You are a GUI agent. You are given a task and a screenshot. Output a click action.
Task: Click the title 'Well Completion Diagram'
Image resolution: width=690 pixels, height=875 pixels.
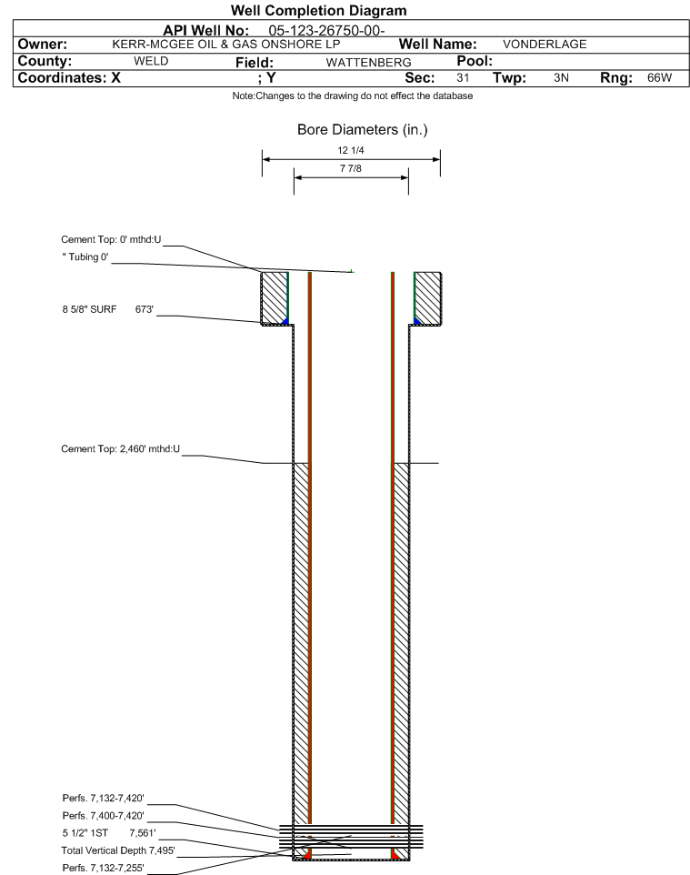318,11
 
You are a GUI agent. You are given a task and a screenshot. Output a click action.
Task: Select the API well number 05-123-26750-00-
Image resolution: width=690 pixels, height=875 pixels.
326,30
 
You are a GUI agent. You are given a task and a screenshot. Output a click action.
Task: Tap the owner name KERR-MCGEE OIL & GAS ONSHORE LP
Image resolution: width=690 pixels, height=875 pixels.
226,44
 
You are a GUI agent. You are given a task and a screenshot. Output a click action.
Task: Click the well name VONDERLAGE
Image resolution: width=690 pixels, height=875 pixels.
545,44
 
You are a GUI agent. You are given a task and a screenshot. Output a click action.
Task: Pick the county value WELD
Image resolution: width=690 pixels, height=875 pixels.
151,61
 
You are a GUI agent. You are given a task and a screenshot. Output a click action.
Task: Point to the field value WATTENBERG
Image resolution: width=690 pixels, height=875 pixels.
369,62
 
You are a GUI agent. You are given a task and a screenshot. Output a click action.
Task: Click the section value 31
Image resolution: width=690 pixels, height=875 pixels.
463,77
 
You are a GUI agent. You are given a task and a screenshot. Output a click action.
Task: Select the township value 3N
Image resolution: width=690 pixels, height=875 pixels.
561,77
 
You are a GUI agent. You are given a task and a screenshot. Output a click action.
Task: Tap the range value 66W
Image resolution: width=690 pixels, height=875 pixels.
659,77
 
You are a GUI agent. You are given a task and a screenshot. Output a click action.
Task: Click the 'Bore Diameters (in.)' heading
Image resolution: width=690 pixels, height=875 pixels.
362,130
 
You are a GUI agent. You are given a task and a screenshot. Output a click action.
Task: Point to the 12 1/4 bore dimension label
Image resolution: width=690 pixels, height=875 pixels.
351,150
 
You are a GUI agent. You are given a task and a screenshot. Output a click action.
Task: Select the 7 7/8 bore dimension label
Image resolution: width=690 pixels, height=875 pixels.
351,168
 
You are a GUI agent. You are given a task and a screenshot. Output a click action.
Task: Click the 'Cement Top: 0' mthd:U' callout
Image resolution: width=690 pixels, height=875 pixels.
111,239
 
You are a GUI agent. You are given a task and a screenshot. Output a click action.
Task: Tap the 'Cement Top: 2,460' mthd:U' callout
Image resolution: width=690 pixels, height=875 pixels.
121,448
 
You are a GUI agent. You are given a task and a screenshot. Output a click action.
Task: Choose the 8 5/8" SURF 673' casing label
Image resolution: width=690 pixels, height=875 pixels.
107,309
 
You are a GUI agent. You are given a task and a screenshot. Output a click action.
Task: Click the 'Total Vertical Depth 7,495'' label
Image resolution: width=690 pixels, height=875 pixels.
118,850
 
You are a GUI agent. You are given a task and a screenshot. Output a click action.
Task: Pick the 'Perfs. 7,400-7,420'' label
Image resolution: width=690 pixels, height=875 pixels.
104,815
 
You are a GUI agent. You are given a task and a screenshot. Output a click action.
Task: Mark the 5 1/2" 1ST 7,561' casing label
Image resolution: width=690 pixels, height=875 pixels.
109,833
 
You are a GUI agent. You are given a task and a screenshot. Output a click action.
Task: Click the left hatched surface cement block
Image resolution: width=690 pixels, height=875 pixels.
275,298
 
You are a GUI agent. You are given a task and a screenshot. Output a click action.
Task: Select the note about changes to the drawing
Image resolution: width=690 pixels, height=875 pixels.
353,96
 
